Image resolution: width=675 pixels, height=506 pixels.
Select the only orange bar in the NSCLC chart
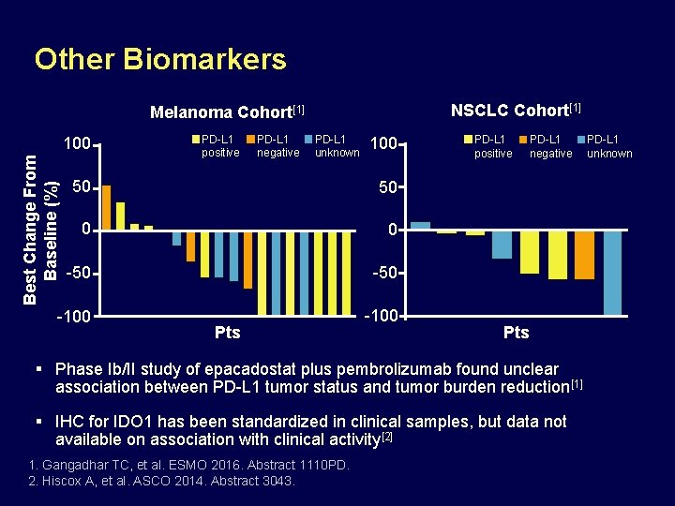coord(584,255)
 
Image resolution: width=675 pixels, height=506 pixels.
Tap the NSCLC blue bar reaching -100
coord(612,272)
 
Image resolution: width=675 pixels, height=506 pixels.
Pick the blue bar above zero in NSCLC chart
coord(420,226)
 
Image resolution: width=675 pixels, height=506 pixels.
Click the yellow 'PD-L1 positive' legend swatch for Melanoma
coord(195,140)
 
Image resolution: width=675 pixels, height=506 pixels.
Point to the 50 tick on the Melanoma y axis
coord(82,187)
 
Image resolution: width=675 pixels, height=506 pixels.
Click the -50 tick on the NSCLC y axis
coord(385,273)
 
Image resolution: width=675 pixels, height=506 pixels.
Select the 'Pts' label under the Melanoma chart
coord(228,333)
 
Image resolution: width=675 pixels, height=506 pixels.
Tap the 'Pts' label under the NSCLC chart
coord(516,333)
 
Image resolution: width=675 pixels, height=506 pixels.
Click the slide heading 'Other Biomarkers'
coord(160,60)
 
